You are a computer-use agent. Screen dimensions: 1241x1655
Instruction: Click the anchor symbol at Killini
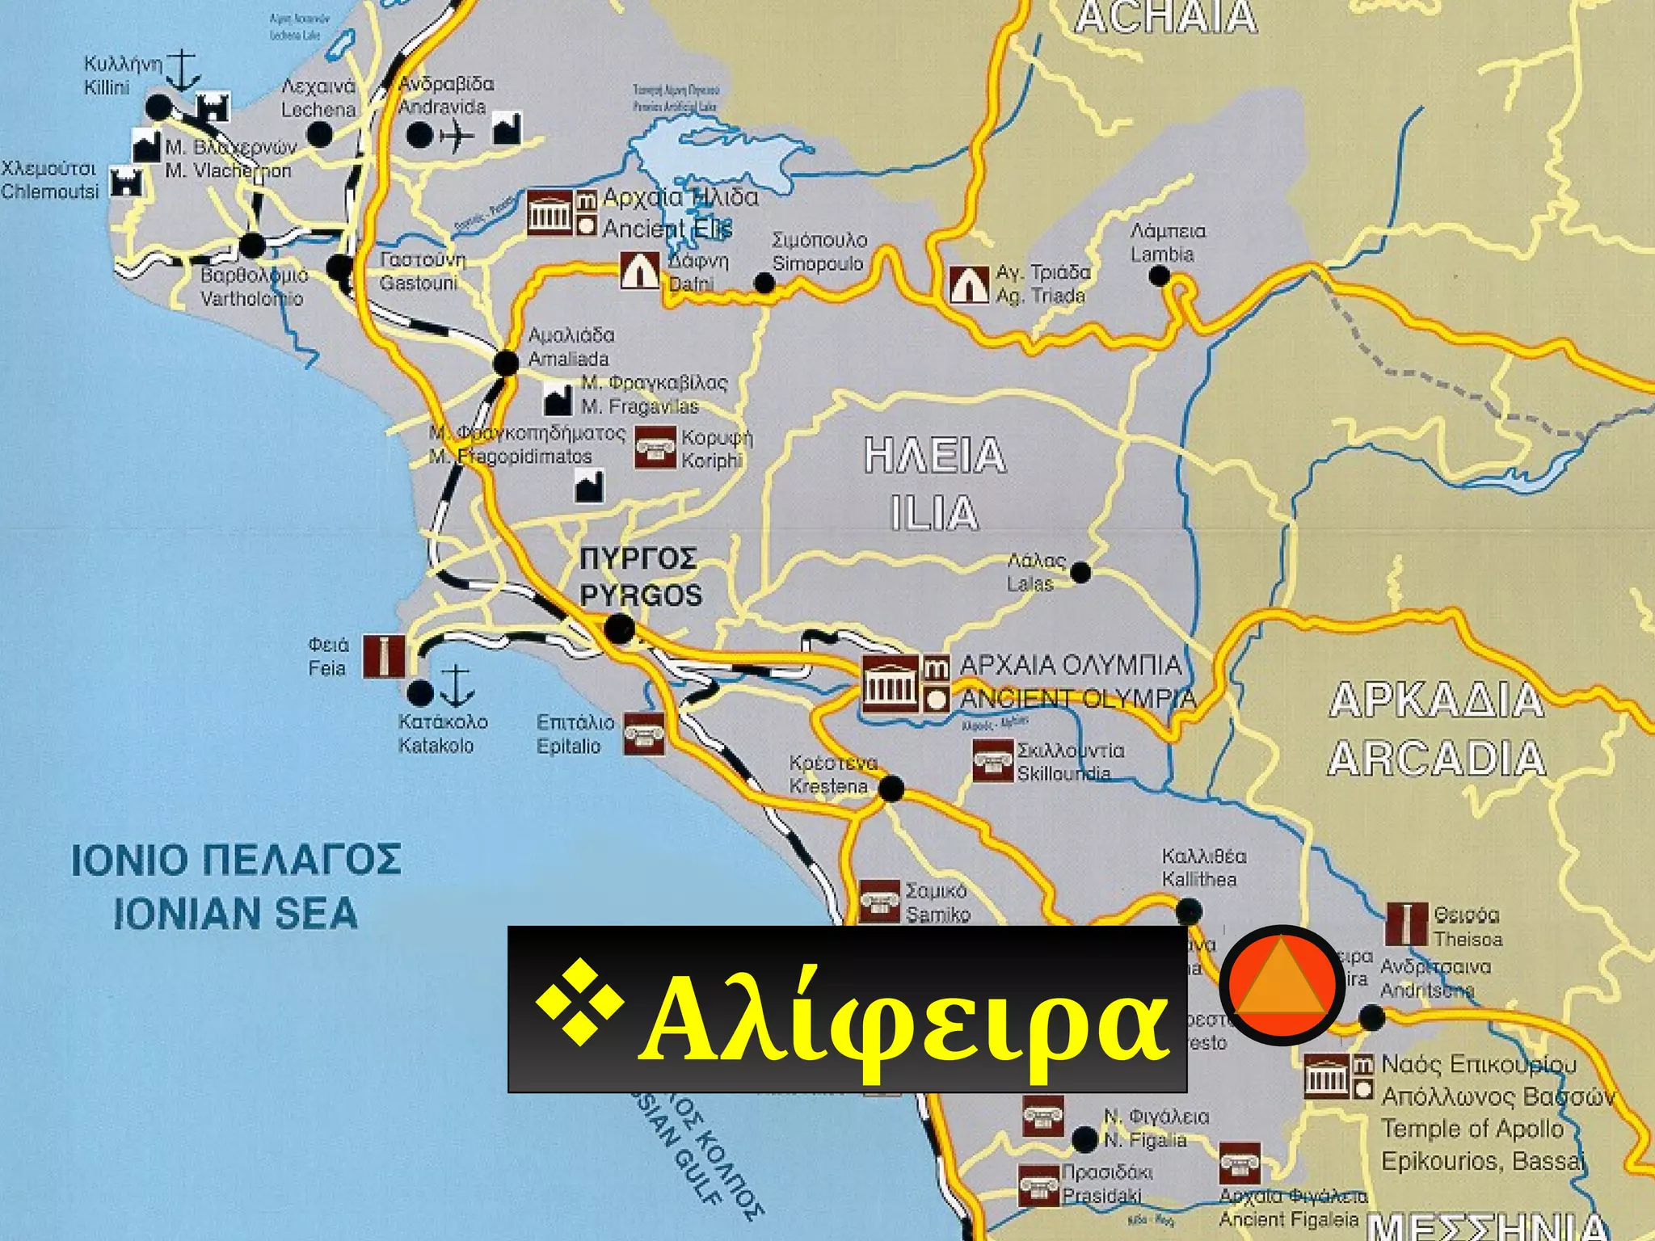point(185,71)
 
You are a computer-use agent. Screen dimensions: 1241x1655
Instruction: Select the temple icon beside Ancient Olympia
point(891,683)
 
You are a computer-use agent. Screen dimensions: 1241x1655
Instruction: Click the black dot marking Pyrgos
point(620,628)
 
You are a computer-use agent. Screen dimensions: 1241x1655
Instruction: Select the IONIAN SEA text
point(235,913)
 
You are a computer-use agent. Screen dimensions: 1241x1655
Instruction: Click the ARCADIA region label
point(1437,759)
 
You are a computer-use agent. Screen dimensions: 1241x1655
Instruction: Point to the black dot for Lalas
point(1080,573)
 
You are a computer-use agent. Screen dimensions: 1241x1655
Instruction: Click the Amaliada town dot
point(506,363)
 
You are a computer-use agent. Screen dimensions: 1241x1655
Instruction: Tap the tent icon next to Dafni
point(640,270)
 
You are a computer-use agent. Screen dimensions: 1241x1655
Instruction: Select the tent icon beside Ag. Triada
point(968,284)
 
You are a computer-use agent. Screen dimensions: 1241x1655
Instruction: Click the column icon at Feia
point(384,656)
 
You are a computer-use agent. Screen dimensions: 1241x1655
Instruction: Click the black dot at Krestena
point(891,789)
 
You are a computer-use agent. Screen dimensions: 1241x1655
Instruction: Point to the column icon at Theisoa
point(1406,924)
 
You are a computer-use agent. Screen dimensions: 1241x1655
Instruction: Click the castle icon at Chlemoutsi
point(125,183)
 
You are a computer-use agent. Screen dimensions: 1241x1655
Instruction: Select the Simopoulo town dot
point(764,283)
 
